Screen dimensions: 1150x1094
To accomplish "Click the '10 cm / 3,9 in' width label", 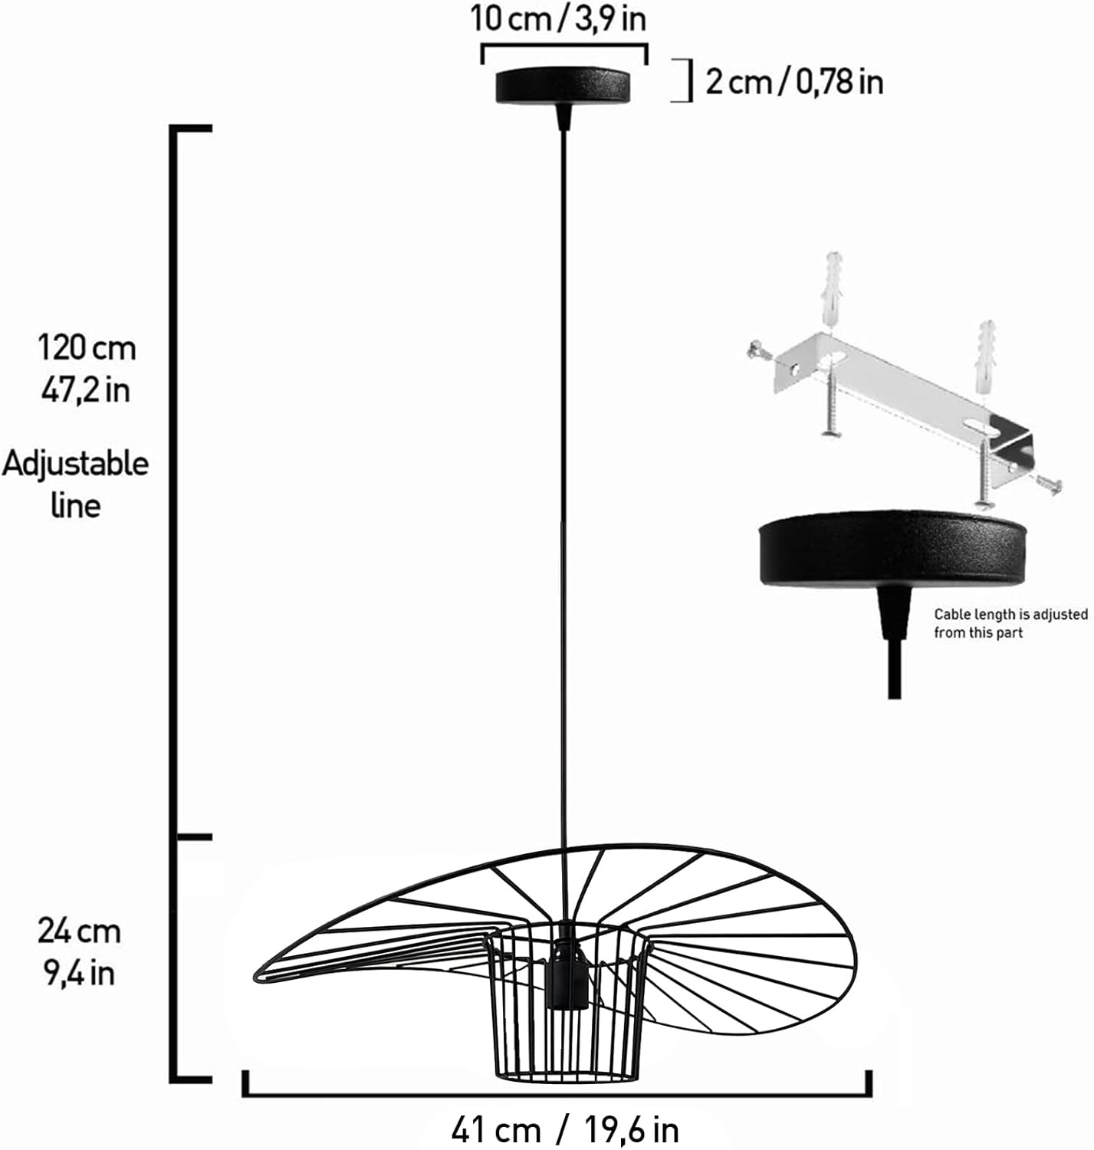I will [558, 19].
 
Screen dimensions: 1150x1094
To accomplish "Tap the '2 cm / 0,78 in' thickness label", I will [793, 80].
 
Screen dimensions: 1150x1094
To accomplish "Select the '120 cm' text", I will [87, 349].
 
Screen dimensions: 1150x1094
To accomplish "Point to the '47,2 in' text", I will [86, 390].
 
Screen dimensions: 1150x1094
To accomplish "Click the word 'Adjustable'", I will [75, 464].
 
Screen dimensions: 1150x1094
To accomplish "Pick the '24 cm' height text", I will [80, 932].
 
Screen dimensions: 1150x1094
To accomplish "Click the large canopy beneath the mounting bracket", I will [892, 548].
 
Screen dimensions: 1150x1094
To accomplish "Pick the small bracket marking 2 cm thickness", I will [682, 80].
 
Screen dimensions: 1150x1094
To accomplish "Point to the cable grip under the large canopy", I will [894, 613].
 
